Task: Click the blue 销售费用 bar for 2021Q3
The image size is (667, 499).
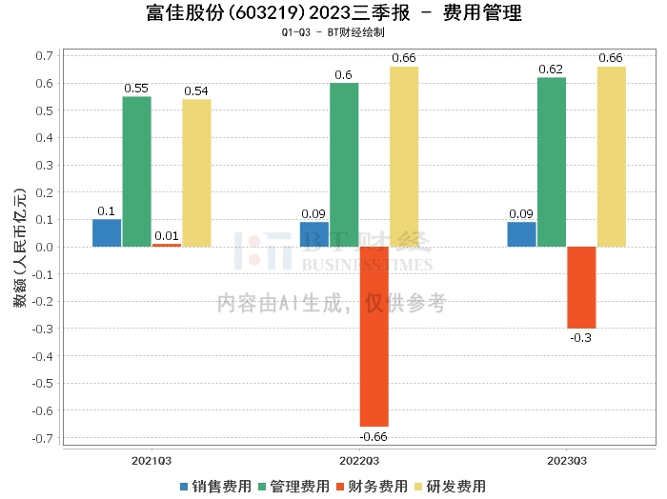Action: (107, 233)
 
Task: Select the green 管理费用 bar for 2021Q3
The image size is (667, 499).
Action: (136, 171)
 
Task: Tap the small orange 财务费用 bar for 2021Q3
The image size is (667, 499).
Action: (166, 245)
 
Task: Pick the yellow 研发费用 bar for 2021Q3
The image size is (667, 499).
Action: (196, 173)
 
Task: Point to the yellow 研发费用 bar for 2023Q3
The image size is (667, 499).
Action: (611, 156)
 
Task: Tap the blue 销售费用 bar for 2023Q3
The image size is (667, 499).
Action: (521, 234)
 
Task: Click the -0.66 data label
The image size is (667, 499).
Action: (373, 436)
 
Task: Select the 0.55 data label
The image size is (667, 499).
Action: (136, 89)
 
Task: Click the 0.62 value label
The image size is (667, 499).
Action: (551, 70)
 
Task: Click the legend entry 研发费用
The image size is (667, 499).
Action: (450, 487)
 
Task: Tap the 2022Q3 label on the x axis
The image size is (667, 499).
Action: (358, 460)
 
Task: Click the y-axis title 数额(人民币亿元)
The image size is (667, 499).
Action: (18, 247)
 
